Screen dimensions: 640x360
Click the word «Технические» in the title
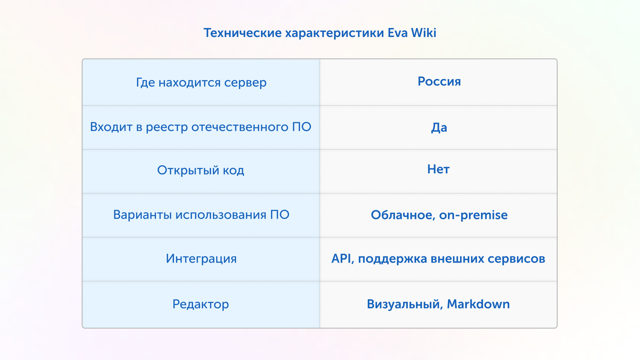(x=243, y=33)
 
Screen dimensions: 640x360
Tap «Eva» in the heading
(x=398, y=33)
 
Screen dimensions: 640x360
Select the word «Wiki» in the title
(x=424, y=33)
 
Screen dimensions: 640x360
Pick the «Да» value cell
(x=439, y=128)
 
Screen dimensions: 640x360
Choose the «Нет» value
(x=438, y=169)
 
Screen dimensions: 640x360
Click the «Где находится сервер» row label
(x=201, y=83)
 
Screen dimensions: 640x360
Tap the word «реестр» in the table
(x=167, y=127)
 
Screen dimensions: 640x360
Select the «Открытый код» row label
(x=201, y=170)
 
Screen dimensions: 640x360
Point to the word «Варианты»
(x=143, y=215)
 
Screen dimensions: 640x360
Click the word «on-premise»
(x=473, y=215)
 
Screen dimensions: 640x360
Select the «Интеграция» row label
(x=201, y=259)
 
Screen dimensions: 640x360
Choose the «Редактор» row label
(x=201, y=304)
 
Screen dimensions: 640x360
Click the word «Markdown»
(x=478, y=304)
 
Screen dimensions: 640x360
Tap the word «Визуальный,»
(x=405, y=304)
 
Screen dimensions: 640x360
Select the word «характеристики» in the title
(x=335, y=33)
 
